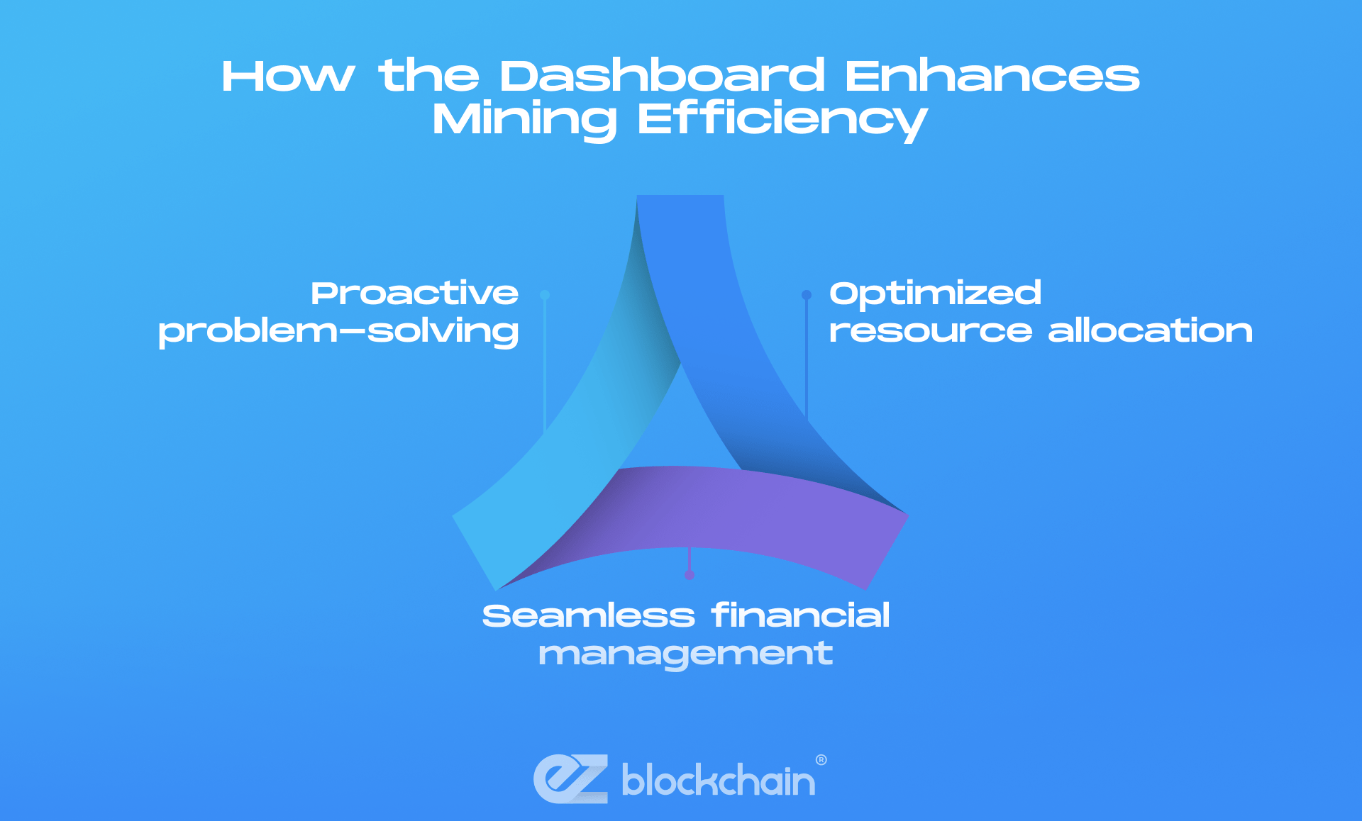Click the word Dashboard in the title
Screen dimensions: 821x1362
coord(662,76)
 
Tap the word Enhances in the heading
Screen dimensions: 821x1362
coord(992,76)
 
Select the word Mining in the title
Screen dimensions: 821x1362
coord(525,119)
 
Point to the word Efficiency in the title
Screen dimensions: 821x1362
coord(782,119)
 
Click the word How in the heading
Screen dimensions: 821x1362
coord(287,76)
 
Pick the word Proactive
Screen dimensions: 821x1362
coord(414,294)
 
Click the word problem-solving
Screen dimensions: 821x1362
coord(338,332)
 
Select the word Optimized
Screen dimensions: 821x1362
coord(935,294)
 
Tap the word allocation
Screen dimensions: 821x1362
coord(1150,331)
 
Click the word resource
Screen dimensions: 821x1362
coord(930,331)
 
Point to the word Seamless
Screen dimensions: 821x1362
coord(588,616)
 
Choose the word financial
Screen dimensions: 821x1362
coord(800,615)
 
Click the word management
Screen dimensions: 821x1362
coord(685,654)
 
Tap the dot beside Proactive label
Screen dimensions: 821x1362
coord(545,295)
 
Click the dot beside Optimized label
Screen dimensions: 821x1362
coord(807,295)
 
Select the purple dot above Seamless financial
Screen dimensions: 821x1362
coord(690,575)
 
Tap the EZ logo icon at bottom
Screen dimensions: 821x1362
coord(571,778)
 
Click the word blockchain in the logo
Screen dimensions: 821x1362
coord(718,780)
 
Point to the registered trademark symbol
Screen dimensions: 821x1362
coord(821,760)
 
